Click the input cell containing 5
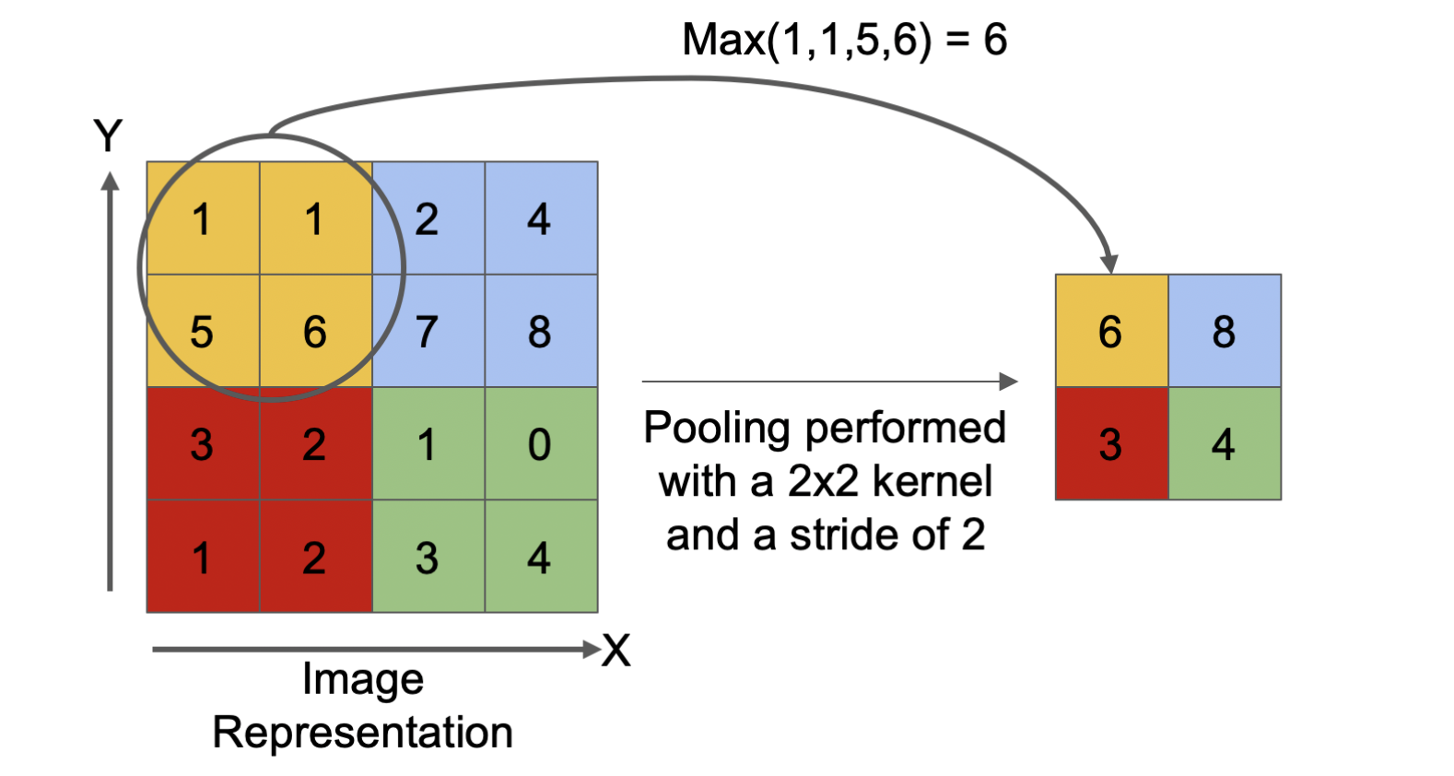(x=203, y=331)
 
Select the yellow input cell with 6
(x=316, y=331)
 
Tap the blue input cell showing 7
(x=428, y=331)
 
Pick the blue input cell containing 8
(x=542, y=331)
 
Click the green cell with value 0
(x=542, y=443)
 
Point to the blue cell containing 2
(x=428, y=218)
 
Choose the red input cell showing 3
(x=203, y=443)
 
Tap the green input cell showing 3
(x=428, y=556)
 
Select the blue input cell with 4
(x=542, y=218)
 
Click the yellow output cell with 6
(x=1112, y=331)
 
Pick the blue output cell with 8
(x=1225, y=331)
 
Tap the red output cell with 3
(x=1112, y=443)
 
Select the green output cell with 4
(x=1225, y=443)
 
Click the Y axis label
(x=108, y=135)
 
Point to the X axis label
(x=616, y=650)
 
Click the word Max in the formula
(x=723, y=40)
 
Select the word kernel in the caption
(x=932, y=481)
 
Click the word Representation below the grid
(x=363, y=733)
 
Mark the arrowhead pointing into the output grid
(x=1109, y=265)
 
